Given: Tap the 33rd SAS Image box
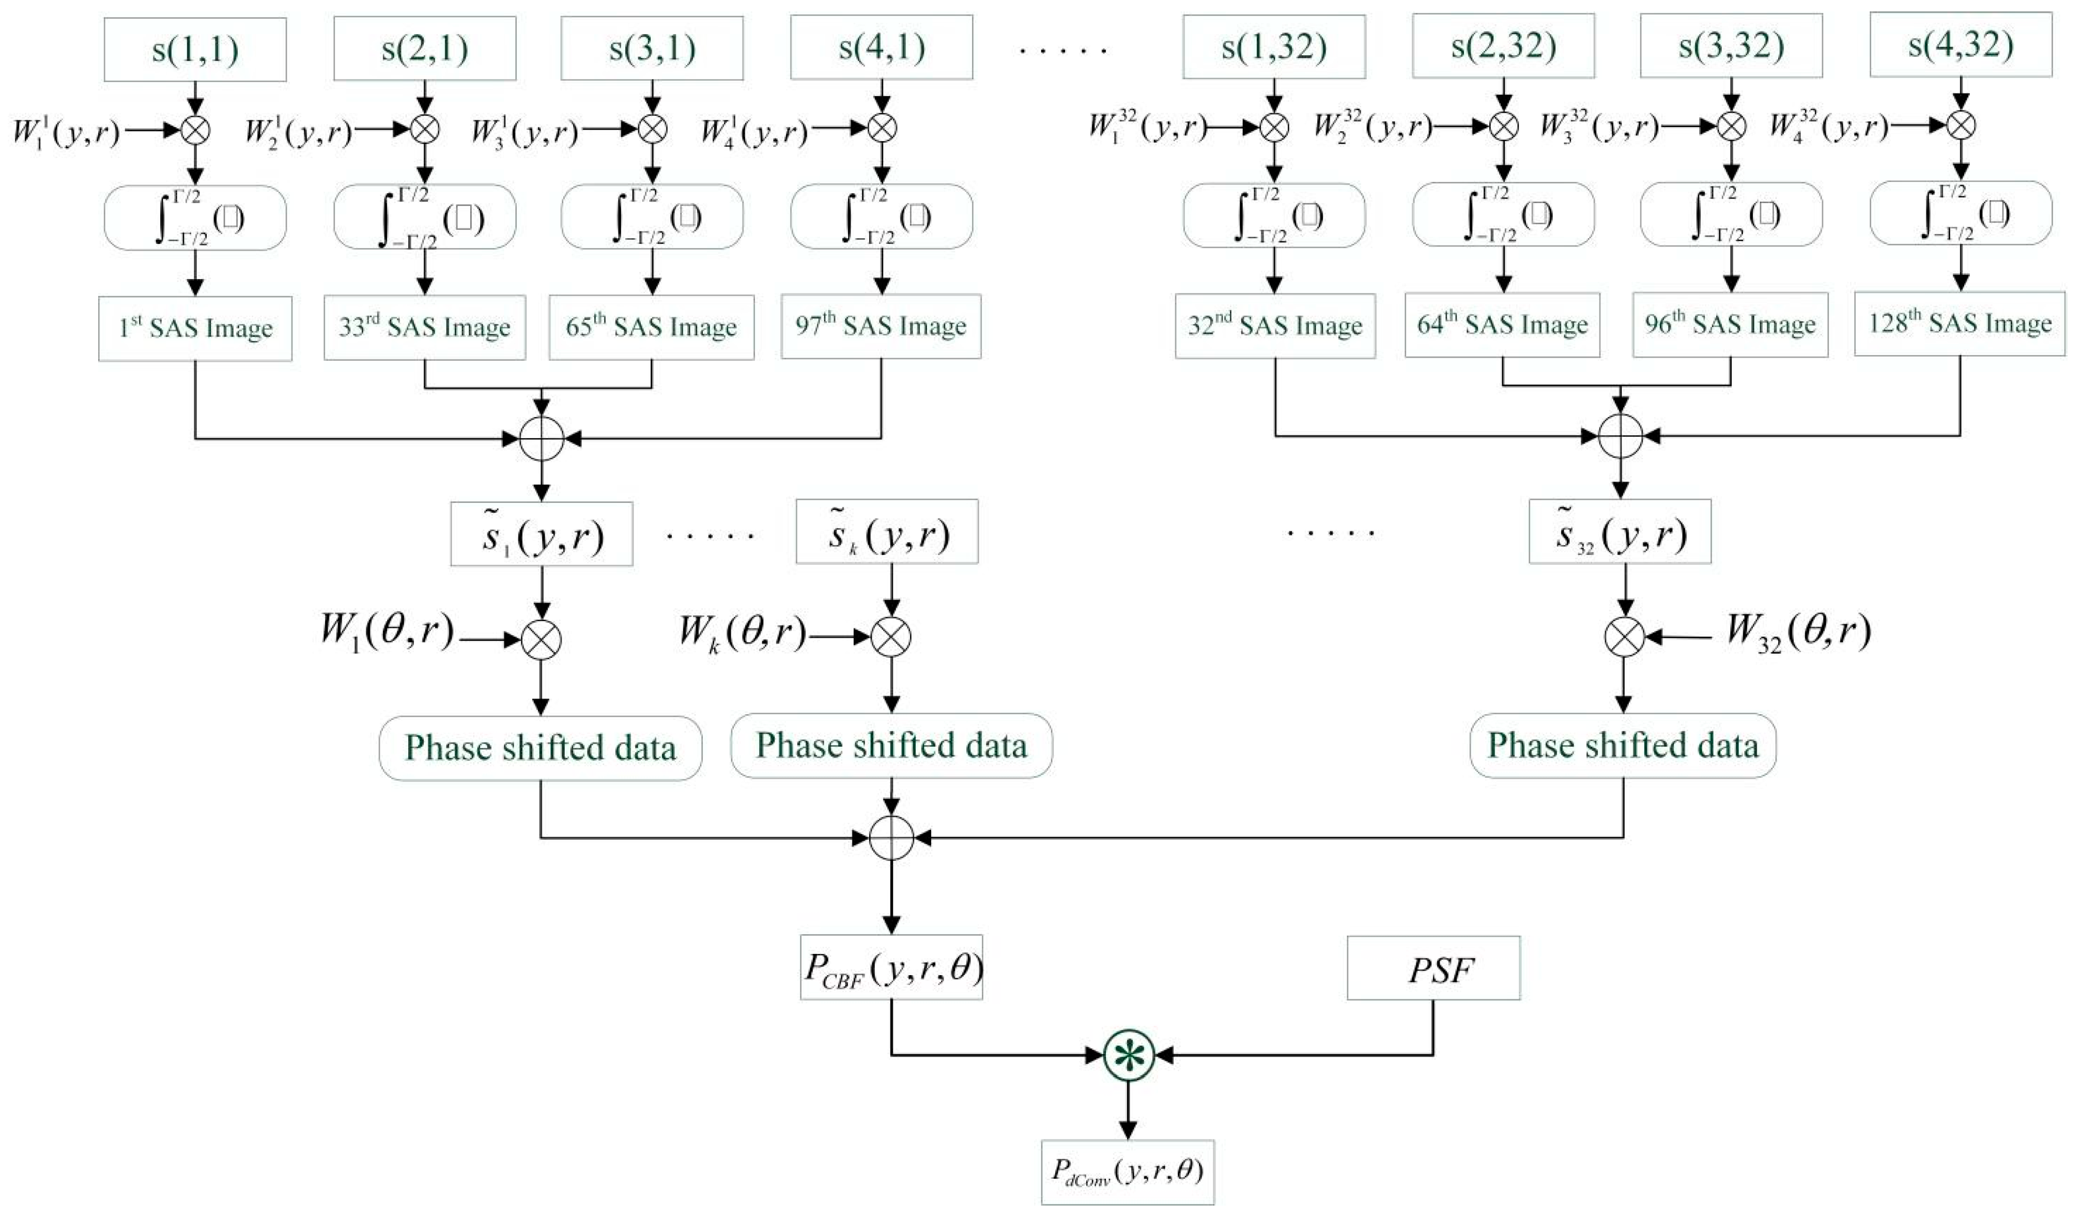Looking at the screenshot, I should tap(424, 327).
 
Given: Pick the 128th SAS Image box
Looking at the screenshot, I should tap(1959, 323).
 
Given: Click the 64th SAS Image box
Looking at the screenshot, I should tap(1502, 325).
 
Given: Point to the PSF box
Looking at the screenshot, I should tap(1433, 968).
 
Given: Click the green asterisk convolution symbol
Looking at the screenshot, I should tap(1128, 1055).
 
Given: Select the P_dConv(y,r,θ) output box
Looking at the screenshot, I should tap(1127, 1171).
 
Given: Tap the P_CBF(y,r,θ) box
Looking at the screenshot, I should tap(891, 967).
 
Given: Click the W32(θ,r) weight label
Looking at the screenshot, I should tap(1798, 633).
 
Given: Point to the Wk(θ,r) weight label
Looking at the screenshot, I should tap(741, 634).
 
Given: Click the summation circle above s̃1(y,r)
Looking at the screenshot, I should tap(542, 439).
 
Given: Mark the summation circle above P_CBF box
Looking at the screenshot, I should tap(891, 838).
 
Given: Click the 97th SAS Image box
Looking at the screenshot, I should tap(881, 326).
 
